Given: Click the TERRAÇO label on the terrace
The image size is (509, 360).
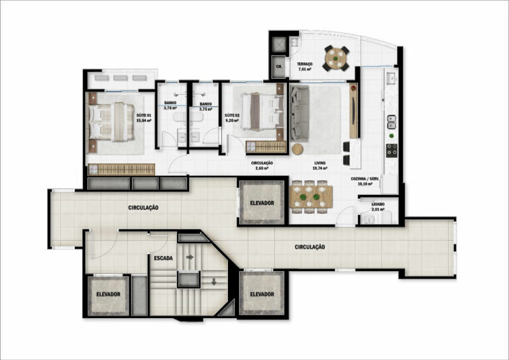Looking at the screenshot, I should pyautogui.click(x=305, y=66).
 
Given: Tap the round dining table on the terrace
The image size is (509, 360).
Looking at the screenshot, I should pyautogui.click(x=338, y=58).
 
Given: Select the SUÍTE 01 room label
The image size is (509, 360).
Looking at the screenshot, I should pyautogui.click(x=144, y=118).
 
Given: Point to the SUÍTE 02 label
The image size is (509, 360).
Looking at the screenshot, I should pyautogui.click(x=231, y=118).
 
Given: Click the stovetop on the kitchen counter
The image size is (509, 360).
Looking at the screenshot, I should pyautogui.click(x=391, y=149).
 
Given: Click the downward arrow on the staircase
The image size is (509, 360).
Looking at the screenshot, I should pyautogui.click(x=213, y=281).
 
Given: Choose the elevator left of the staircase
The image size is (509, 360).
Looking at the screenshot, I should pyautogui.click(x=108, y=294).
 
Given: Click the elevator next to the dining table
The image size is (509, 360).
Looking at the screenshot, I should pyautogui.click(x=262, y=203).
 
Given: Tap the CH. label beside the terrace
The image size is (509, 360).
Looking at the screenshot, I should pyautogui.click(x=279, y=66).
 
